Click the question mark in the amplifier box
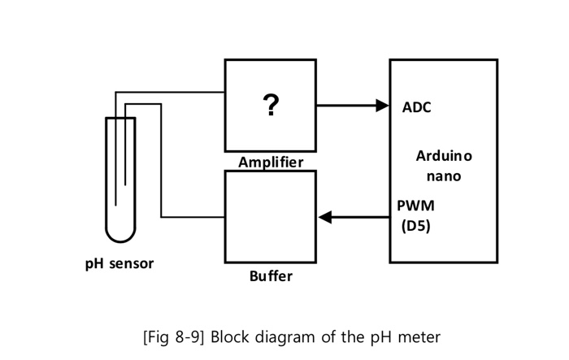[270, 105]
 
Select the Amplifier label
[271, 162]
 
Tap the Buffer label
[271, 276]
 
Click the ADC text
[417, 107]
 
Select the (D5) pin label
[415, 226]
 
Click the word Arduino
[444, 155]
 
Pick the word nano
[444, 176]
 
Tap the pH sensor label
[119, 263]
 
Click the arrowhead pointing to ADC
[383, 105]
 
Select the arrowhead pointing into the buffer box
[325, 217]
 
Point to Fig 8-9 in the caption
[174, 336]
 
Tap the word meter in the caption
[419, 336]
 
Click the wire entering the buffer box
[195, 217]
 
